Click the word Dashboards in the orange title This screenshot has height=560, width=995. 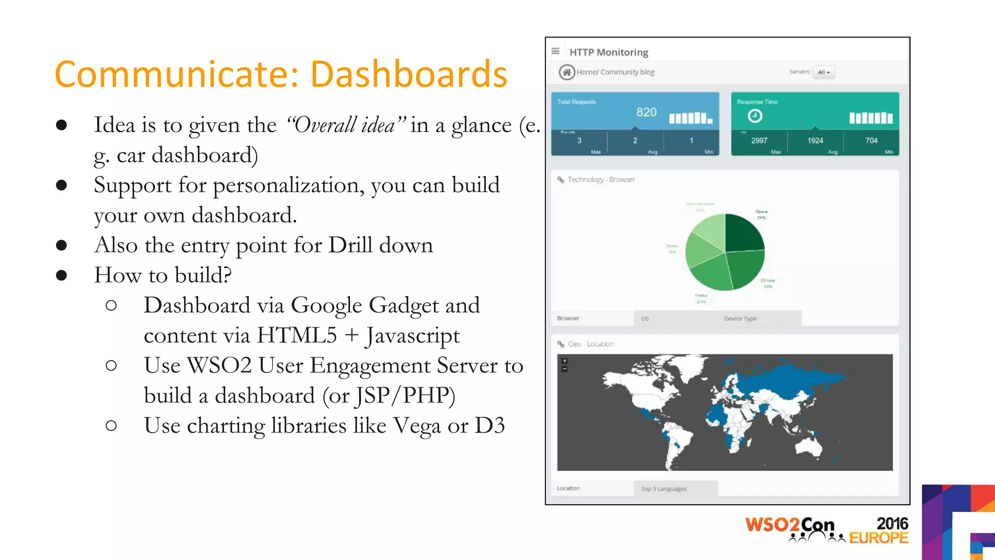point(409,74)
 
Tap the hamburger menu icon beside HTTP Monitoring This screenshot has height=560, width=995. point(555,51)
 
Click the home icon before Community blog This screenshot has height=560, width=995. point(566,72)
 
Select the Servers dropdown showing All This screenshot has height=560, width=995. point(823,72)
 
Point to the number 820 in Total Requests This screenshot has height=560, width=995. point(646,112)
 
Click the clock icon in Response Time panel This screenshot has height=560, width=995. point(755,116)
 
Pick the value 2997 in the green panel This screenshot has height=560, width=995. point(759,140)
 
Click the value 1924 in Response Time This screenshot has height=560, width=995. point(815,140)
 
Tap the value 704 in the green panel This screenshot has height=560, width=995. point(871,140)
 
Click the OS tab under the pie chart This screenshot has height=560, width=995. point(645,319)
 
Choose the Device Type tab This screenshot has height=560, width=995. point(740,319)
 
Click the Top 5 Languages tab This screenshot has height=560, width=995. point(664,489)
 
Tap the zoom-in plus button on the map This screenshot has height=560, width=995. point(565,361)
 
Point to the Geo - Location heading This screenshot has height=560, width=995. point(590,344)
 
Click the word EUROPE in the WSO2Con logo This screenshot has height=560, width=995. point(878,538)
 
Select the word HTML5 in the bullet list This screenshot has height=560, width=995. point(296,335)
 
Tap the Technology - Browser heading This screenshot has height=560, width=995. point(601,179)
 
